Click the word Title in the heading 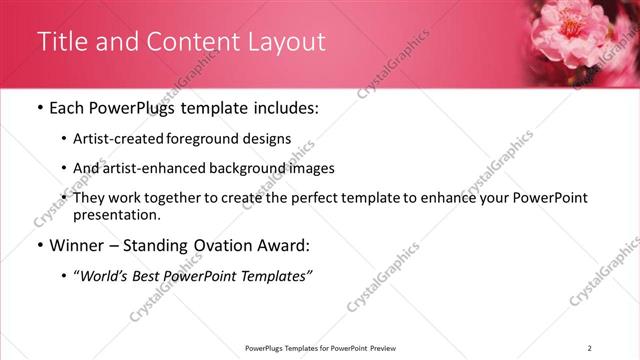61,42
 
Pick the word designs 266,138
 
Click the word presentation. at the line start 117,214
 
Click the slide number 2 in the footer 589,347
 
